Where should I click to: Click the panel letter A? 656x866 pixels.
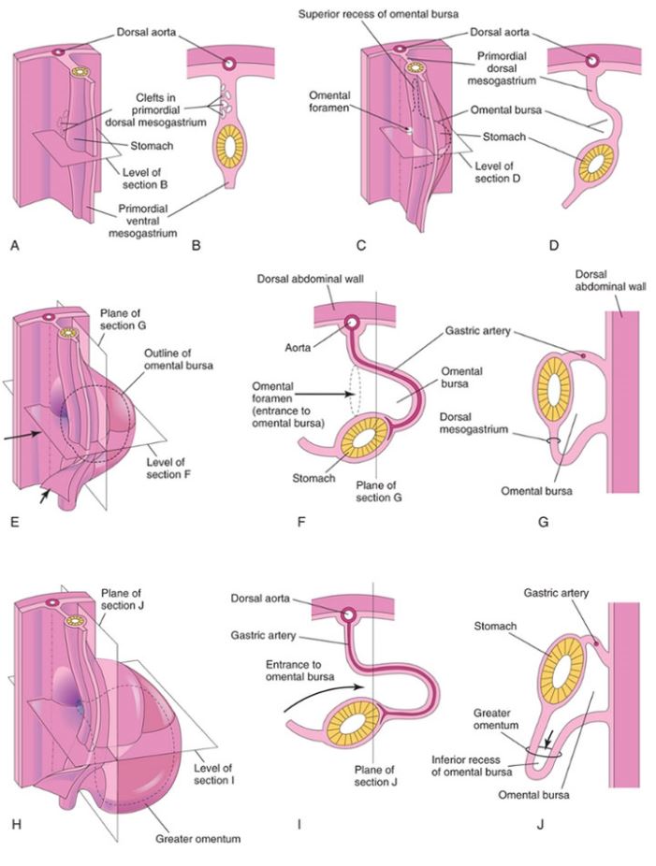15,245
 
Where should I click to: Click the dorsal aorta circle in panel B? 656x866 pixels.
228,65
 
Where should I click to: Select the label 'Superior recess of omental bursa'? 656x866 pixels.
378,13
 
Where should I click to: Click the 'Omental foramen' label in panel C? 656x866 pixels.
330,102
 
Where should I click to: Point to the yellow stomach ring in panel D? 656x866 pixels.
597,164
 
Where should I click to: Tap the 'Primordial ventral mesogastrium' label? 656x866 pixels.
142,221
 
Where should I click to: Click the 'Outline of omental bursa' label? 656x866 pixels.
178,359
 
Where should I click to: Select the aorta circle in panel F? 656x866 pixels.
351,322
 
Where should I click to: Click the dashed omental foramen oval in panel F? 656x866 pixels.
355,393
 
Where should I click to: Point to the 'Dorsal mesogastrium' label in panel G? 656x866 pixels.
474,423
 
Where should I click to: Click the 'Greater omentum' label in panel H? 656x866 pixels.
197,839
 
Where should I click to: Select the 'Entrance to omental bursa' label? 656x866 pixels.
300,670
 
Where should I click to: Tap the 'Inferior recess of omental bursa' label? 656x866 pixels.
472,766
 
